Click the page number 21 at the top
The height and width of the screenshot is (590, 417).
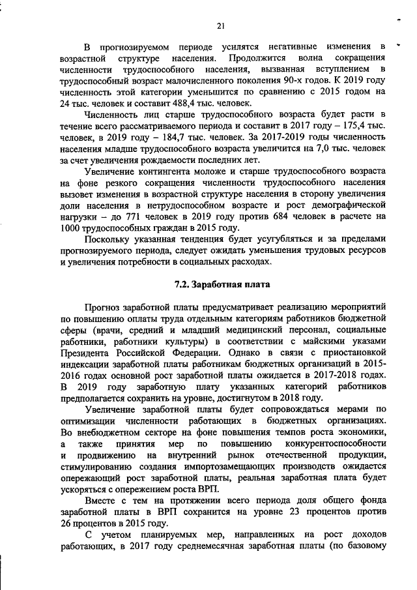coord(221,25)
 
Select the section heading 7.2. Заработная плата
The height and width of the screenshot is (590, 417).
coord(221,284)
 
